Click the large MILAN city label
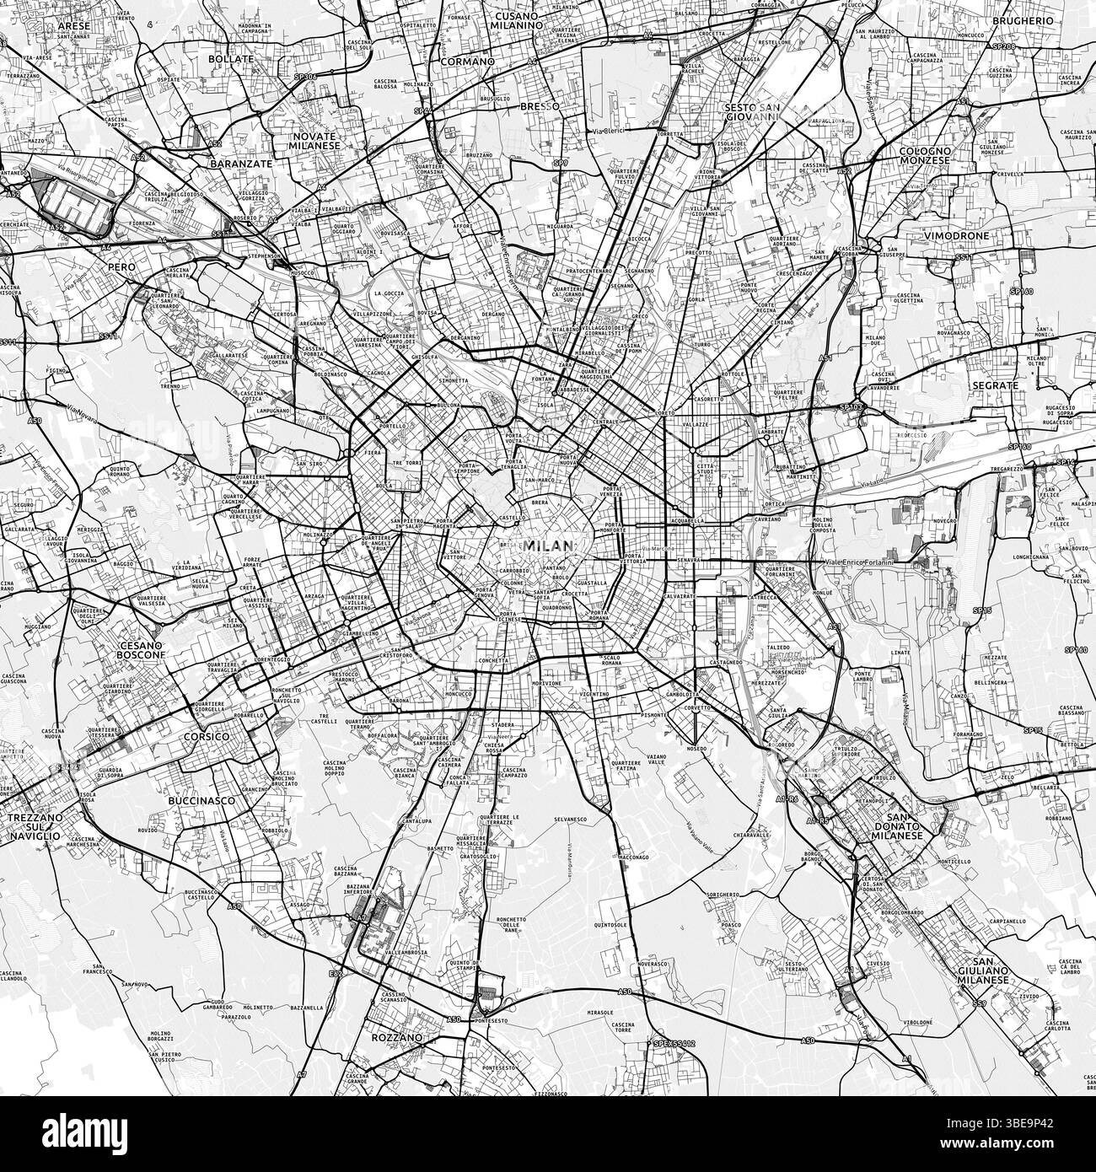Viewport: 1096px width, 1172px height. [x=548, y=546]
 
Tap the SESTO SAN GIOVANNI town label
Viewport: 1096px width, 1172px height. [x=752, y=113]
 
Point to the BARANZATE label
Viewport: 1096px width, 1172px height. [x=241, y=164]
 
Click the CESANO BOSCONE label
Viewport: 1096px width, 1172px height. [x=135, y=648]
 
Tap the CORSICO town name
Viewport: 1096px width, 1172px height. [x=206, y=736]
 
